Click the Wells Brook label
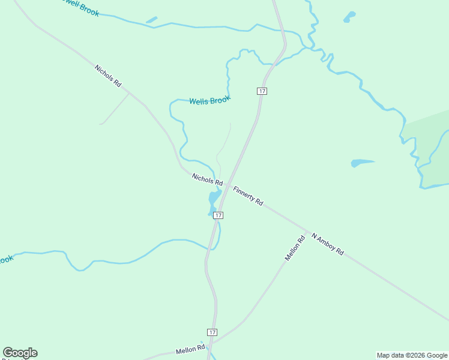209,101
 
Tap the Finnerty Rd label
248,196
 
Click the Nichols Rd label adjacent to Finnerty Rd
207,179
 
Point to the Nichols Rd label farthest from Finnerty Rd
107,76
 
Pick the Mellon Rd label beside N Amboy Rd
295,247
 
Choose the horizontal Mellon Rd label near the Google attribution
190,349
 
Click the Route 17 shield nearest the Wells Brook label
262,91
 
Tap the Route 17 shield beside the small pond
218,215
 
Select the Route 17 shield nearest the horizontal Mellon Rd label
212,332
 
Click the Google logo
20,353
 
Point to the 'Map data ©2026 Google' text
412,355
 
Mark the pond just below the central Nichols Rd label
214,198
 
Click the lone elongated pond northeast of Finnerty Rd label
362,162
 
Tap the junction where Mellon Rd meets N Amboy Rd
307,232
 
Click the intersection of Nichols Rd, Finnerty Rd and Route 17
227,185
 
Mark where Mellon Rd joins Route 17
211,344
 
